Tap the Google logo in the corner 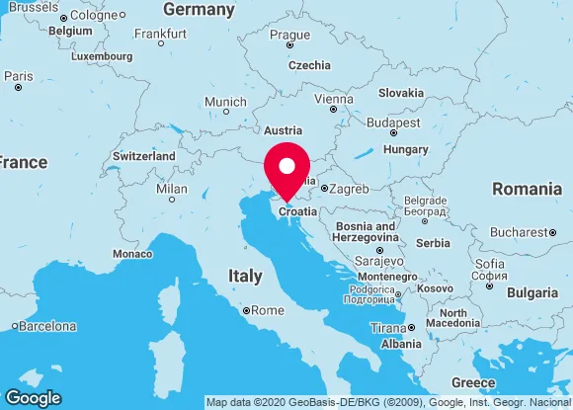(33, 398)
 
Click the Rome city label (267, 310)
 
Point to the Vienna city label (332, 99)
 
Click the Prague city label (289, 35)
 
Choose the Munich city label (225, 103)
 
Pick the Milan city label (171, 189)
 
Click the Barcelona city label (49, 326)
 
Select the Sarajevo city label (378, 261)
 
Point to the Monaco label (132, 254)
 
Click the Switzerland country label (144, 156)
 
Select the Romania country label (527, 188)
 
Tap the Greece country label (472, 382)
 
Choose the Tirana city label (387, 328)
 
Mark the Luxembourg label (102, 56)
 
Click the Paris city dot (18, 88)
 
